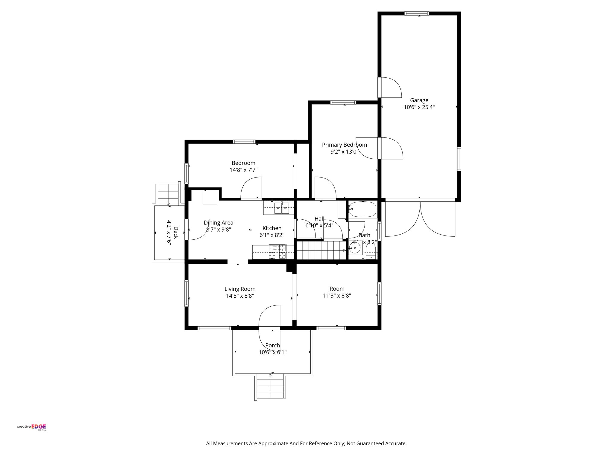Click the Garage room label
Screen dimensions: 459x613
[419, 100]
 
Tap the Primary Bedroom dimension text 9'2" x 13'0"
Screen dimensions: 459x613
[344, 152]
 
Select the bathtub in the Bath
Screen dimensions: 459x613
[362, 209]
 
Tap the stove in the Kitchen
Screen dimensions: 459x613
[277, 251]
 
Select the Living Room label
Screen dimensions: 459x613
[240, 289]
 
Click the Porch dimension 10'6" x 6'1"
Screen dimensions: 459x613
[272, 352]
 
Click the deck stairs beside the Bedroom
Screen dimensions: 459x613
[168, 194]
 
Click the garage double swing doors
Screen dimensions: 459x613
[420, 218]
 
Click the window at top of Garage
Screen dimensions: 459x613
[416, 13]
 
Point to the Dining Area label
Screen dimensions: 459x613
[219, 223]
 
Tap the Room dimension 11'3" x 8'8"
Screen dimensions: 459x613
[337, 296]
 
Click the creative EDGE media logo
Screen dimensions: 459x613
[31, 427]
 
